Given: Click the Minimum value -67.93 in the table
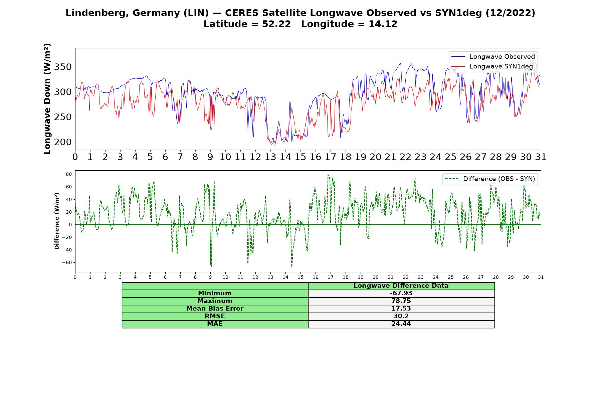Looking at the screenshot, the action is pos(401,293).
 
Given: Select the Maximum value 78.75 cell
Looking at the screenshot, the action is pos(401,301).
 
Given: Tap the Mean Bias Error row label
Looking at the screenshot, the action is pos(215,309).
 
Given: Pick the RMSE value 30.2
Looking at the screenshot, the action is pos(401,316).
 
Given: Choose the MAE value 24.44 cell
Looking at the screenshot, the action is pos(401,324).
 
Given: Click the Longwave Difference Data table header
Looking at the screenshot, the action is pos(401,286).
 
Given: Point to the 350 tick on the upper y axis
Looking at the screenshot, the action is pos(63,67).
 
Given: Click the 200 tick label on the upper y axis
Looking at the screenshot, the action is pos(63,142).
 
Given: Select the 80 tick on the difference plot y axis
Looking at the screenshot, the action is pos(69,174).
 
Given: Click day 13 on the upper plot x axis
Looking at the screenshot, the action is pos(270,157).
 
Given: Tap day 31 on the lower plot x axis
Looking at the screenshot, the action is pos(541,277).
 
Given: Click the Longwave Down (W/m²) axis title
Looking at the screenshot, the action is pos(47,99).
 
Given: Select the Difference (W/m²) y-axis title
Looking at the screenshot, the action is pos(57,221).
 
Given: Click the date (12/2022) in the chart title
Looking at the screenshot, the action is pos(510,13).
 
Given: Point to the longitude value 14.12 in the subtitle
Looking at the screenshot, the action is pos(383,24).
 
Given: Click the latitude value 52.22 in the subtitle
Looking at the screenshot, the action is pos(276,24).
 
